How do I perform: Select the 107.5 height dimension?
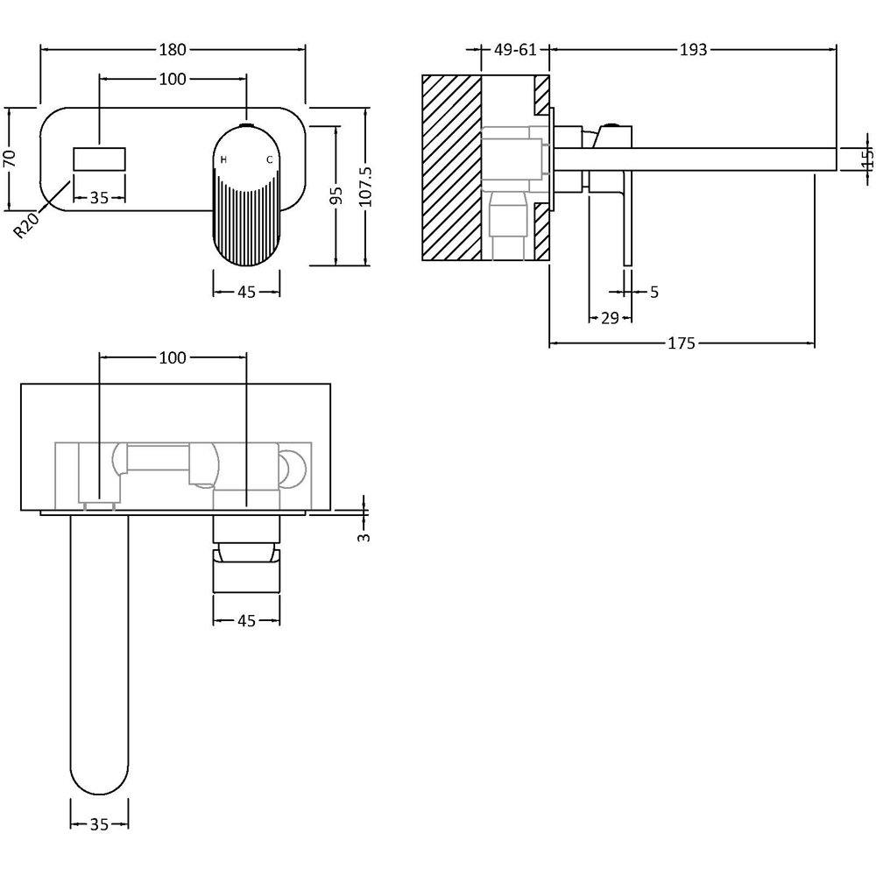[x=365, y=186]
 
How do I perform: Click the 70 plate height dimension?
[x=10, y=158]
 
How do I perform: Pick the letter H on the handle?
[x=223, y=159]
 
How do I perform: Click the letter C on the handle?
[x=270, y=159]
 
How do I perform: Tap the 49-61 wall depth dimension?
[x=515, y=50]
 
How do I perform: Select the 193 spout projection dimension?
[x=693, y=50]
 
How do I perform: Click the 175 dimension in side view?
[x=681, y=343]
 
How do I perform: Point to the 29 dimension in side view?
[x=611, y=317]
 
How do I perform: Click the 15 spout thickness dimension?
[x=867, y=159]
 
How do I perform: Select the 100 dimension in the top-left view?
[x=173, y=80]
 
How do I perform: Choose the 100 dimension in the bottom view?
[x=173, y=357]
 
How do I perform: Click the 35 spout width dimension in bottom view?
[x=99, y=823]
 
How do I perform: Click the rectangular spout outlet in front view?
[x=99, y=159]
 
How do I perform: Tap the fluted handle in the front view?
[x=246, y=210]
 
